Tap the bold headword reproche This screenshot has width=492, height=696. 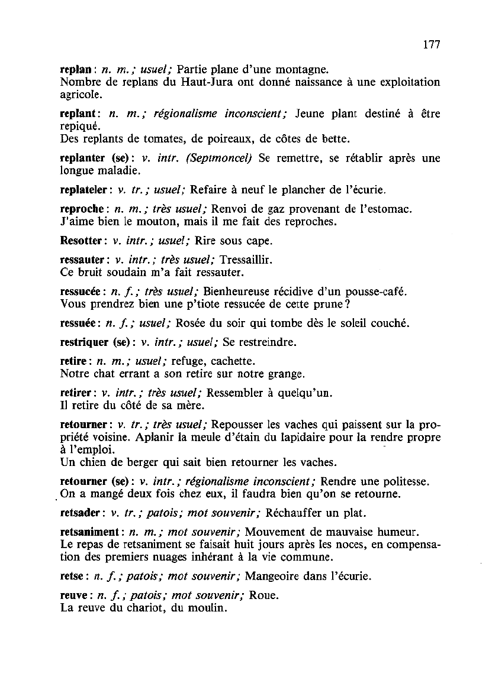pyautogui.click(x=83, y=209)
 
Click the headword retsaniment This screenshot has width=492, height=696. pyautogui.click(x=91, y=528)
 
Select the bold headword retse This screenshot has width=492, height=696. pyautogui.click(x=72, y=575)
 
